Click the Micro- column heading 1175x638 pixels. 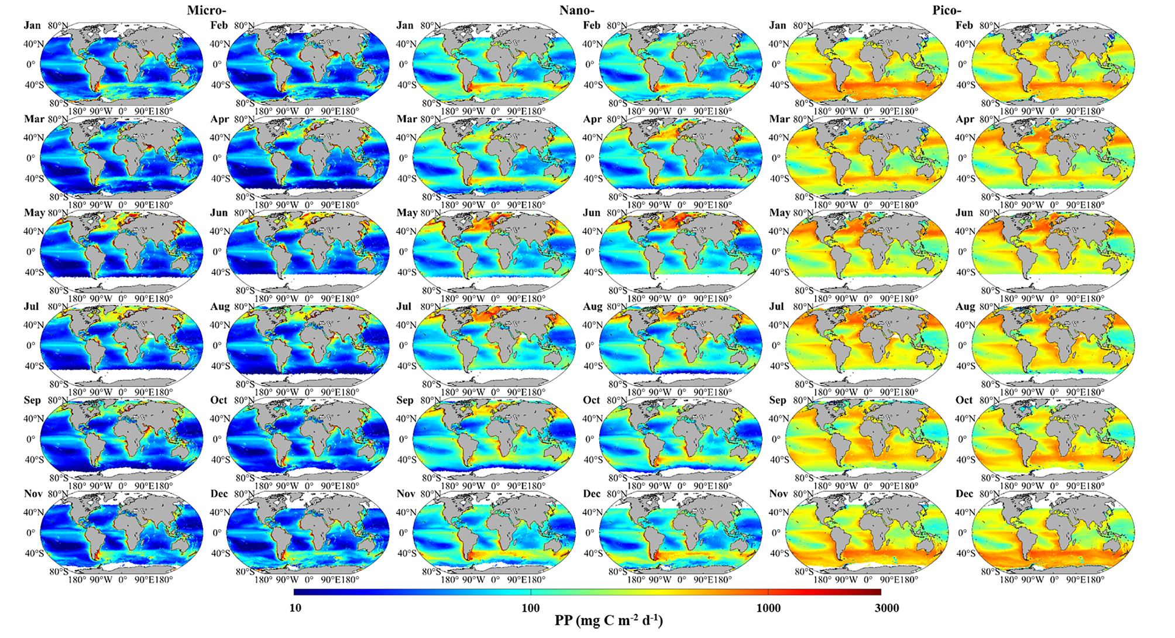point(207,10)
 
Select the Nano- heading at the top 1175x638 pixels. point(576,10)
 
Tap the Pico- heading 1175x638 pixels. point(947,10)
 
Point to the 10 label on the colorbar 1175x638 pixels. point(296,608)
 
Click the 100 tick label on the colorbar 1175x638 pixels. point(530,608)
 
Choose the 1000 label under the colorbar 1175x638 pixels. point(768,608)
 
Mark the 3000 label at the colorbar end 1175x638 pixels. point(887,608)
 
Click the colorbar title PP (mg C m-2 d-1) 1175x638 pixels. point(609,620)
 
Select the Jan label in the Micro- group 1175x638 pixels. point(32,26)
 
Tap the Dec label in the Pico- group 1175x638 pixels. point(964,494)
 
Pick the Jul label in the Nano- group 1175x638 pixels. point(404,307)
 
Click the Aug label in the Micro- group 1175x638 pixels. point(220,307)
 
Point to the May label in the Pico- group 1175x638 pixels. point(779,213)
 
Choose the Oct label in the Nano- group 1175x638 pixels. point(592,400)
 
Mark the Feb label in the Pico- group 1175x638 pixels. point(964,26)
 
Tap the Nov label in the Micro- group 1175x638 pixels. point(33,494)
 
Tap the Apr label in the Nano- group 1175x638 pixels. point(592,119)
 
